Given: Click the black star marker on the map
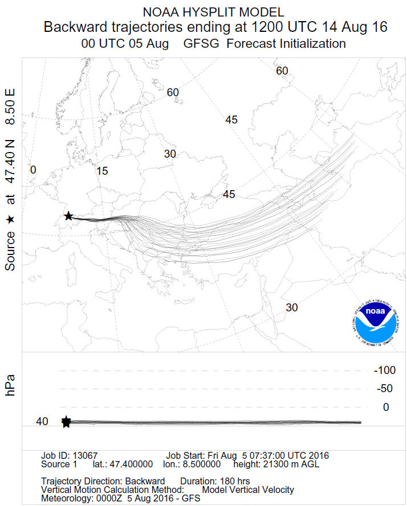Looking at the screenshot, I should tap(68, 216).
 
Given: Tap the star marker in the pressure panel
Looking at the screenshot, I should tap(66, 422).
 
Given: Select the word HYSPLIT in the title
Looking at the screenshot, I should tap(213, 12).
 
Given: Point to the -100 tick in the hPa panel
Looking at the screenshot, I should tap(385, 371).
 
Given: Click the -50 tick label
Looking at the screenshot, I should tap(385, 389).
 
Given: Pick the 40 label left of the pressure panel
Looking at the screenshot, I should tap(42, 422).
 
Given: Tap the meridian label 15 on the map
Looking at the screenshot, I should tap(103, 171).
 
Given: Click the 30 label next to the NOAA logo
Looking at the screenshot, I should tap(292, 307).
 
